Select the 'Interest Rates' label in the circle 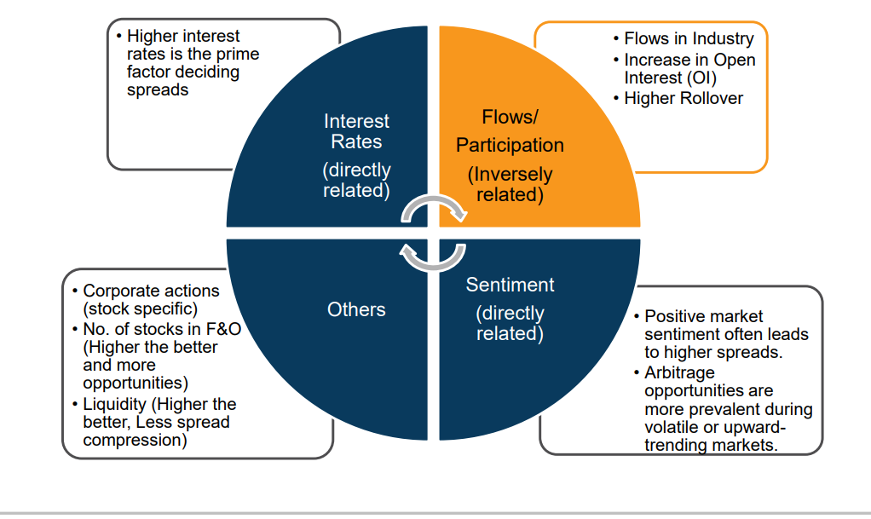tap(356, 131)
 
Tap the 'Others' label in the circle tap(356, 309)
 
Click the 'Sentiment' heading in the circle tap(510, 285)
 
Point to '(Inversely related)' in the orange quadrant tap(510, 184)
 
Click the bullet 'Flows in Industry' tap(689, 38)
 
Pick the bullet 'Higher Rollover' tap(684, 98)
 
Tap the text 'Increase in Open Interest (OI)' tap(689, 69)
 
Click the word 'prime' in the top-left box tap(239, 54)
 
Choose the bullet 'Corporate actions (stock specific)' tap(151, 300)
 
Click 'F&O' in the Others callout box tap(222, 328)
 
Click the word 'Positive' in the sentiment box tap(676, 315)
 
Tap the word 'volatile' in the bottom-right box tap(672, 428)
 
